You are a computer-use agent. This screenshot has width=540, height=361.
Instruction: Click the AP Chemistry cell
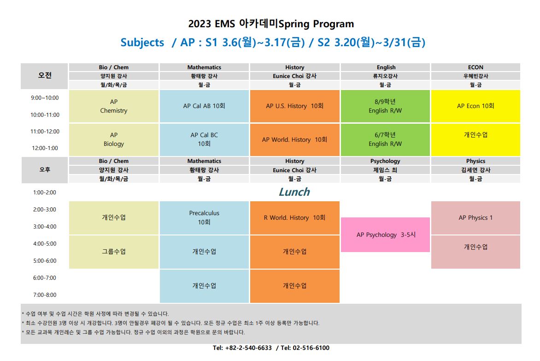click(x=114, y=106)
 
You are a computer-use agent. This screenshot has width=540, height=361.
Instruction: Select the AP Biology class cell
click(x=114, y=139)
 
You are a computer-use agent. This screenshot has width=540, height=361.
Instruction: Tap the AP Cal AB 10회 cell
click(x=204, y=106)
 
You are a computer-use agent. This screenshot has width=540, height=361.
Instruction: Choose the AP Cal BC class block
click(x=204, y=139)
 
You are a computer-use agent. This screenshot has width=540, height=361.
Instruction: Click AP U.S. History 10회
click(x=295, y=106)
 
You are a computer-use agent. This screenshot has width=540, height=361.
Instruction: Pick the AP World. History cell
click(x=295, y=139)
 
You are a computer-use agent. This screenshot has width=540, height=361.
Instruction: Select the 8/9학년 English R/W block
click(x=385, y=106)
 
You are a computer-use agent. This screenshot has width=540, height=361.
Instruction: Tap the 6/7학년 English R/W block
click(x=385, y=139)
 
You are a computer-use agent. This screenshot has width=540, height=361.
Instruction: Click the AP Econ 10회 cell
click(x=475, y=106)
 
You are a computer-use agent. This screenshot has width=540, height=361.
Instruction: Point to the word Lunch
click(x=294, y=192)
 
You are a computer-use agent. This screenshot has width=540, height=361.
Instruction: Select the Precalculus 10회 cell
click(x=204, y=218)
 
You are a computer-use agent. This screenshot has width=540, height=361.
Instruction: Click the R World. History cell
click(x=295, y=218)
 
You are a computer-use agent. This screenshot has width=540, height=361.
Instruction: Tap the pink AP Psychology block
click(x=385, y=235)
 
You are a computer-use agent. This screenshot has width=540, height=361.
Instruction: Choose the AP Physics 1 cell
click(x=475, y=218)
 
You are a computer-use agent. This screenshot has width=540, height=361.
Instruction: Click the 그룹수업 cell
click(x=114, y=252)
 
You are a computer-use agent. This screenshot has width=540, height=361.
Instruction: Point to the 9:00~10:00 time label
click(x=45, y=98)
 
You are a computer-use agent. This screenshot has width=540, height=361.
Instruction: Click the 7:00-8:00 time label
click(x=45, y=295)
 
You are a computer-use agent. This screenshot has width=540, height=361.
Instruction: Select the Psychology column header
click(x=385, y=161)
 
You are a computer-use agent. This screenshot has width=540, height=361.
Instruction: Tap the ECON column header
click(x=475, y=67)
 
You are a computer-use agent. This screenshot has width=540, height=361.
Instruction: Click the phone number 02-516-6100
click(x=311, y=348)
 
